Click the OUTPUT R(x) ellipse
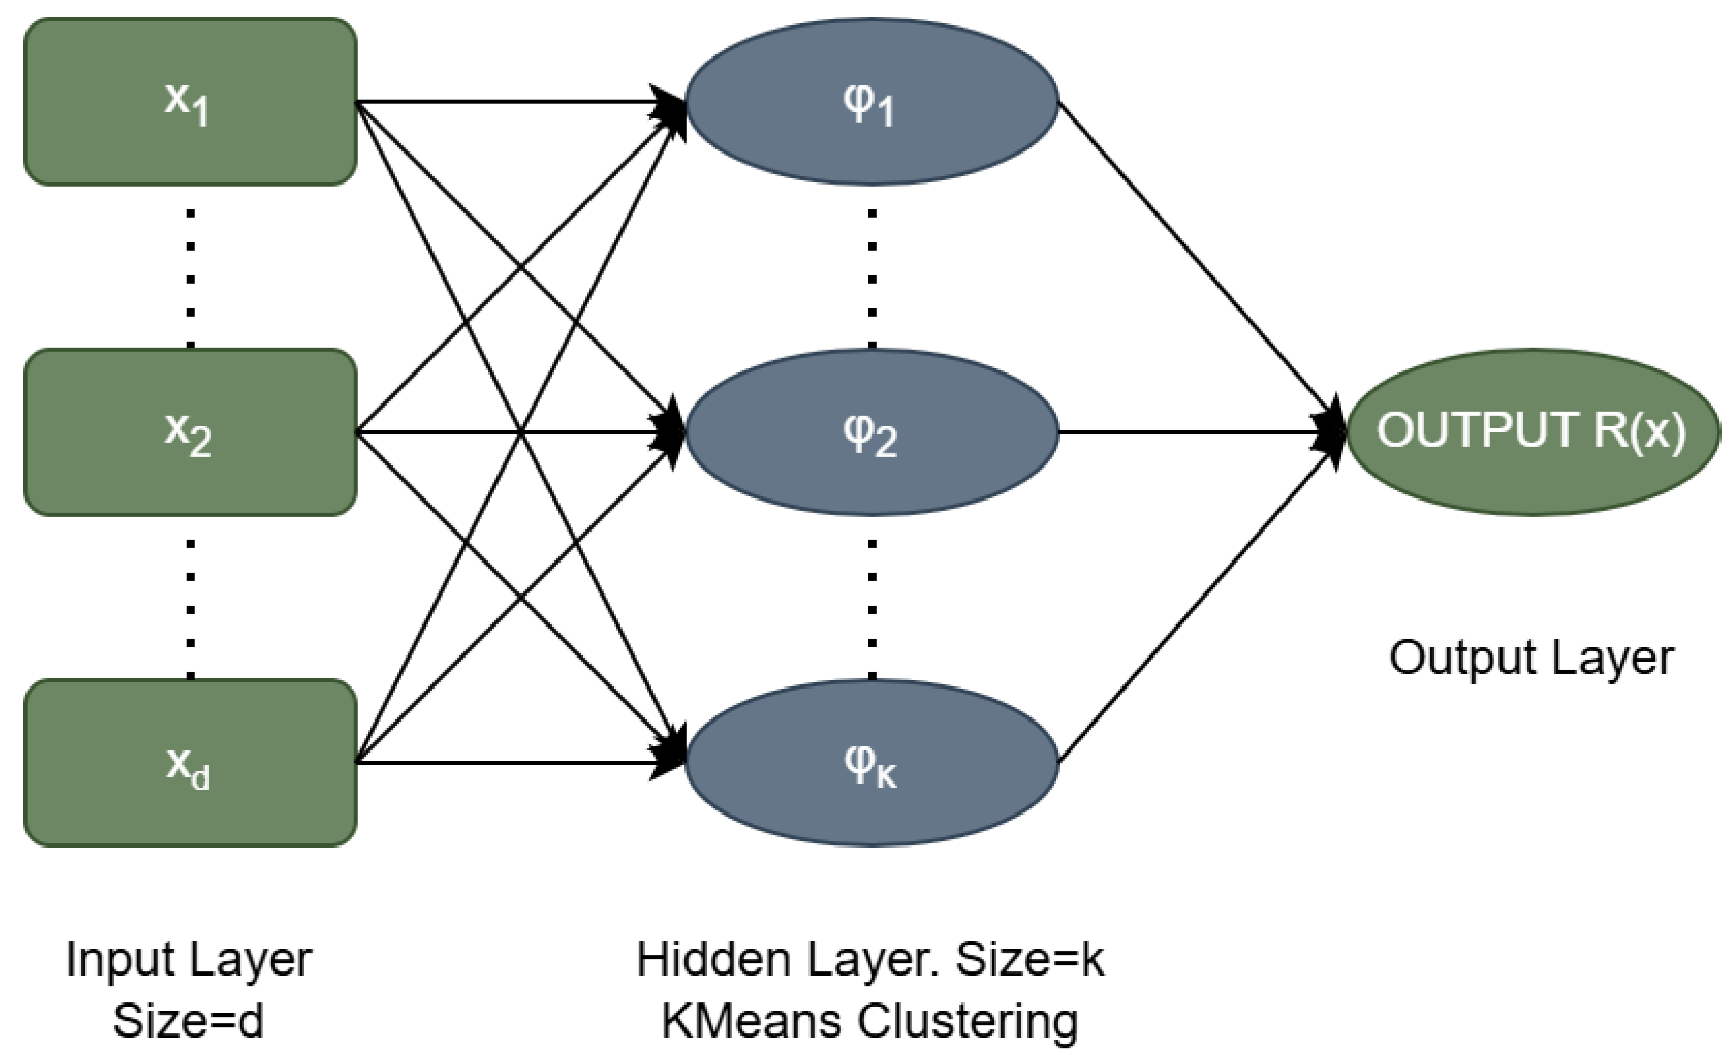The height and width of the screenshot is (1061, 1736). click(1531, 432)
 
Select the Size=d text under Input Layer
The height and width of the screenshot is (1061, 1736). click(188, 1021)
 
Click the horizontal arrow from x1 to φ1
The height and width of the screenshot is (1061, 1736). click(508, 102)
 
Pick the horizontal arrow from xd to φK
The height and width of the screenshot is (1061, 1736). click(508, 762)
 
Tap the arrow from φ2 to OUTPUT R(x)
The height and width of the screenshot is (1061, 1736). click(1198, 432)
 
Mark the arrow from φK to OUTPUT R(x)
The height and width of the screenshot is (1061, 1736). click(1198, 599)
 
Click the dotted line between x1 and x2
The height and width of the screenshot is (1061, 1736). click(190, 278)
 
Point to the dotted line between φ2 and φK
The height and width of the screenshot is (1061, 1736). click(872, 609)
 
